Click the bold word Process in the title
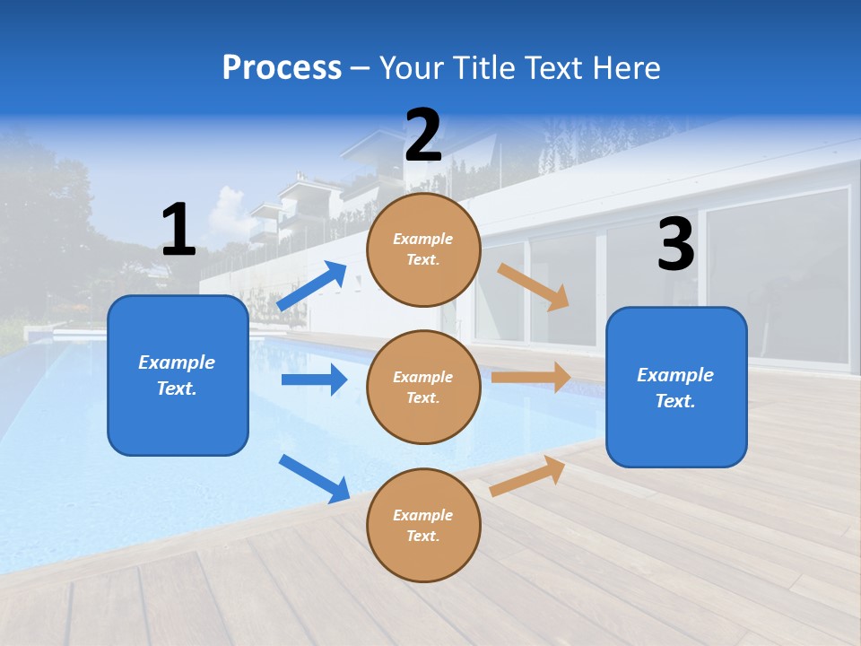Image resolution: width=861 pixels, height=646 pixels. pyautogui.click(x=282, y=67)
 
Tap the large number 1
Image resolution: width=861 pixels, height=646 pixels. pyautogui.click(x=178, y=230)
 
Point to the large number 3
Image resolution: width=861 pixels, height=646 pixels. pyautogui.click(x=675, y=245)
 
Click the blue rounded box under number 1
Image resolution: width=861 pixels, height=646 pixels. pyautogui.click(x=178, y=375)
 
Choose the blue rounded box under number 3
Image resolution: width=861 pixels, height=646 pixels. pyautogui.click(x=676, y=387)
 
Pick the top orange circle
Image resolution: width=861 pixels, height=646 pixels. pyautogui.click(x=423, y=249)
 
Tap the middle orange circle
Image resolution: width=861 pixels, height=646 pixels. pyautogui.click(x=423, y=387)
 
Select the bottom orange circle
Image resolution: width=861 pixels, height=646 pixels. pyautogui.click(x=423, y=525)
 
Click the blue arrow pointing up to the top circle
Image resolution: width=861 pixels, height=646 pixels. pyautogui.click(x=312, y=286)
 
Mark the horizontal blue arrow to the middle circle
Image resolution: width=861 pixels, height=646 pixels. pyautogui.click(x=314, y=380)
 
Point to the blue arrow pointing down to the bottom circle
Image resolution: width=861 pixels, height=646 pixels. pyautogui.click(x=314, y=478)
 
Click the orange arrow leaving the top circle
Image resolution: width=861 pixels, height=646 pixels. pyautogui.click(x=534, y=286)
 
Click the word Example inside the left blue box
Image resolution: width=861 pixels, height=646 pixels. pyautogui.click(x=177, y=362)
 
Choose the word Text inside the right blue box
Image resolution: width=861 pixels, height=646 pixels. pyautogui.click(x=674, y=401)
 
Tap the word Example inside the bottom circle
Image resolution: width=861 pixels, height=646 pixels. pyautogui.click(x=423, y=515)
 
